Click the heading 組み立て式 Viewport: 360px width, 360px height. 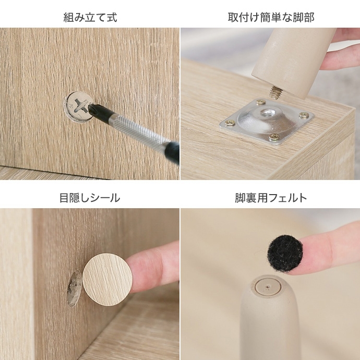click(90, 17)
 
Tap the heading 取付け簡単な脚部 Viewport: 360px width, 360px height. click(271, 17)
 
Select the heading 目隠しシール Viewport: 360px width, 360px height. click(90, 198)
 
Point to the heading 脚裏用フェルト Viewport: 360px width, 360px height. click(271, 198)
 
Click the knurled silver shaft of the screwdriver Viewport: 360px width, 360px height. click(138, 130)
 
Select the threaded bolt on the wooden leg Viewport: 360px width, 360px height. click(274, 92)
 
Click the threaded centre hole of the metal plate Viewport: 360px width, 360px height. click(267, 113)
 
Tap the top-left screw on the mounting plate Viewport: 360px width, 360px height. click(260, 102)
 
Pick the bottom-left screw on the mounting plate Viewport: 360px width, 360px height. click(230, 123)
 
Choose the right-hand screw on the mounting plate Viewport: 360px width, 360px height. click(304, 115)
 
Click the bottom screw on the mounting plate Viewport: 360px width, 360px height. click(274, 137)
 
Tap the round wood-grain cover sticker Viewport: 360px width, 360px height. click(107, 280)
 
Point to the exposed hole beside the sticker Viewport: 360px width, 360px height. click(74, 288)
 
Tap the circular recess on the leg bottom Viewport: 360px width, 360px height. click(268, 286)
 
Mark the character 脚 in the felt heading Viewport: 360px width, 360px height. click(240, 198)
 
